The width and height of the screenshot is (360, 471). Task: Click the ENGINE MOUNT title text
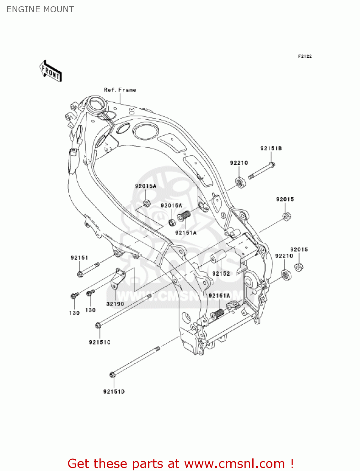[40, 9]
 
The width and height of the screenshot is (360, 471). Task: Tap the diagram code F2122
[305, 56]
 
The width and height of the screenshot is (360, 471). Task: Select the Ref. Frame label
[120, 90]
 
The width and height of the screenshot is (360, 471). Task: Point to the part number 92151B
[271, 148]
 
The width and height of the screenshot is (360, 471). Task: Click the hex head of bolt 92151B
[272, 164]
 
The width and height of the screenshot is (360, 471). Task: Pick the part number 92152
[221, 273]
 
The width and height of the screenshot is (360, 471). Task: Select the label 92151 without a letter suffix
[79, 258]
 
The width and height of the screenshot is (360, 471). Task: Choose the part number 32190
[115, 304]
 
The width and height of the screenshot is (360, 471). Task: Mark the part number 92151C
[99, 342]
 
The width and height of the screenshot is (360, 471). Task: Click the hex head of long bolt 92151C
[98, 326]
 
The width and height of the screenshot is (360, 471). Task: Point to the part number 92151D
[114, 392]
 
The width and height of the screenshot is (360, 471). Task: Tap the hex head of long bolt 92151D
[112, 375]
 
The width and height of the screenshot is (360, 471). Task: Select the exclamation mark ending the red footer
[292, 463]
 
